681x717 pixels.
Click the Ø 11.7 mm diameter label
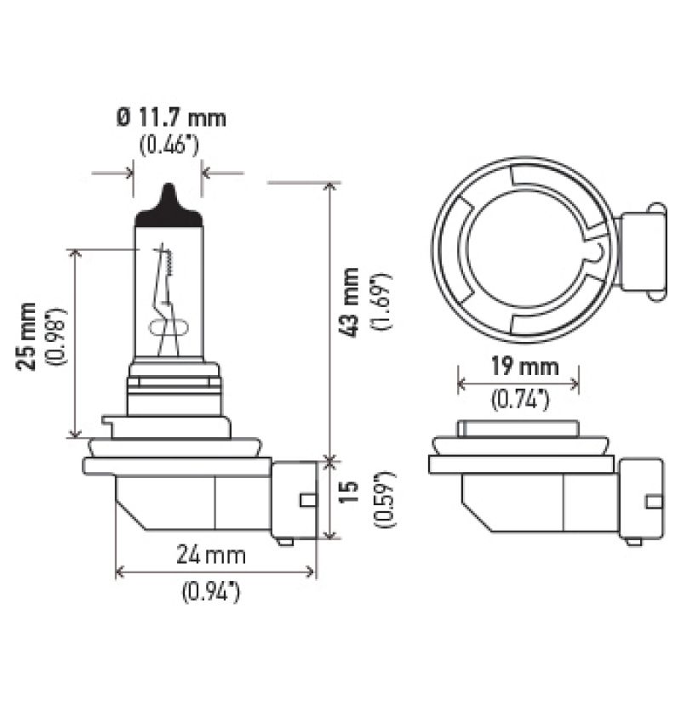pyautogui.click(x=171, y=117)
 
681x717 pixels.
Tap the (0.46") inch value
pyautogui.click(x=169, y=145)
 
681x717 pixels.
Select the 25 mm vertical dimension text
pyautogui.click(x=29, y=335)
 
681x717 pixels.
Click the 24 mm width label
pyautogui.click(x=211, y=556)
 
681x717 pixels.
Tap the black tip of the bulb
pyautogui.click(x=168, y=204)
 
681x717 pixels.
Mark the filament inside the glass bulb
pyautogui.click(x=165, y=298)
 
